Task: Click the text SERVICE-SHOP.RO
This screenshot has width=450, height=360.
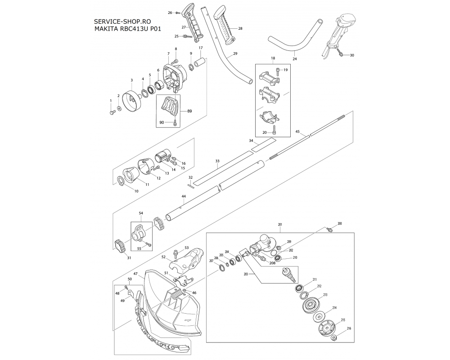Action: tap(122, 22)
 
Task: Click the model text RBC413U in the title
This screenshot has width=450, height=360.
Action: tap(134, 29)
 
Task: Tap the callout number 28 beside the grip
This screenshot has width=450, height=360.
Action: tap(240, 28)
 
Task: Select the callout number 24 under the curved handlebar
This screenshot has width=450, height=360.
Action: tap(295, 59)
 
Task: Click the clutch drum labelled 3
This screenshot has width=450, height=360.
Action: tap(132, 100)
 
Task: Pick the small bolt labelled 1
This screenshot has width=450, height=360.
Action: tap(112, 112)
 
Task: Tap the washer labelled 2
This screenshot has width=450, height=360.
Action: tap(118, 109)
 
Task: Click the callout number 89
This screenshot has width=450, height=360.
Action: tap(189, 111)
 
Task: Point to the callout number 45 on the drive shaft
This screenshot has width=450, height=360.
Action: tap(297, 131)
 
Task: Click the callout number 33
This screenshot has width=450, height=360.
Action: tap(217, 162)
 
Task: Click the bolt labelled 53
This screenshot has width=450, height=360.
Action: tap(176, 254)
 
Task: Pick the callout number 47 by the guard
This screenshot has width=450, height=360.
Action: tap(135, 274)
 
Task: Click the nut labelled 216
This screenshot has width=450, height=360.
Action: tap(333, 337)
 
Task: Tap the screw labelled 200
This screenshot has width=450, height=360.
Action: tap(329, 229)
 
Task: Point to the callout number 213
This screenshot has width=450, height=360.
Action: tap(325, 295)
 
